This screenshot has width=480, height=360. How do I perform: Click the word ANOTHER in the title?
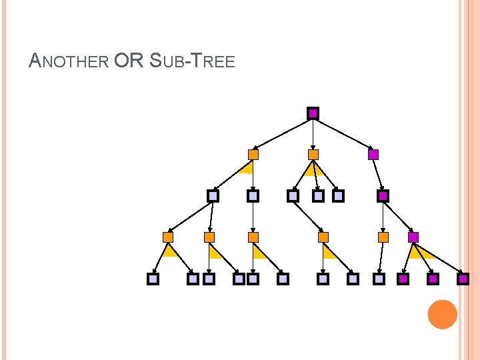tap(69, 62)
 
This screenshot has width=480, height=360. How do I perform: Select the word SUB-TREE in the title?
tap(193, 62)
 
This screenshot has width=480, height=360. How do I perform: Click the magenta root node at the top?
tap(313, 113)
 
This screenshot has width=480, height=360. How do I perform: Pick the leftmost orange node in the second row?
tap(253, 155)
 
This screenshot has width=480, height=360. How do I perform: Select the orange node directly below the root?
tap(313, 155)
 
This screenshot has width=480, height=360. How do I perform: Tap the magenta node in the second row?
tap(373, 155)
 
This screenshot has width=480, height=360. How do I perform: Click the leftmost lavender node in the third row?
tap(213, 196)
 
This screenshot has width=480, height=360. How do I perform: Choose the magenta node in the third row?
tap(383, 196)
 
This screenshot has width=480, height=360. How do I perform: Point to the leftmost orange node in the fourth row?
tap(168, 237)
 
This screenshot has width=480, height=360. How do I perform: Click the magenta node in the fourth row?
tap(413, 237)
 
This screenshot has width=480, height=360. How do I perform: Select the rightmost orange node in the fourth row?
tap(383, 237)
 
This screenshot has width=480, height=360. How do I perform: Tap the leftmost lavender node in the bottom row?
tap(153, 279)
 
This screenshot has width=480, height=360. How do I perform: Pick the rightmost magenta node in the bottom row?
tap(464, 279)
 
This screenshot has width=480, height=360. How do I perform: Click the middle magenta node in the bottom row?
tap(433, 279)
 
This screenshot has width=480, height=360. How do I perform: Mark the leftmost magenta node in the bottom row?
tap(403, 279)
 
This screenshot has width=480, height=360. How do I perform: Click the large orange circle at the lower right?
tap(442, 314)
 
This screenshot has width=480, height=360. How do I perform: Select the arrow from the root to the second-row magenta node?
tap(343, 134)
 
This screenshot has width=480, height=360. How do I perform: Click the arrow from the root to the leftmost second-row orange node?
tap(283, 134)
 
